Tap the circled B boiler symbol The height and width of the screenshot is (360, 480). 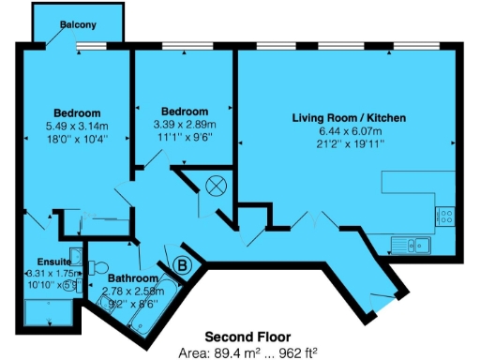(x=183, y=265)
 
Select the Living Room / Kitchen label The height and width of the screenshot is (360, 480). (x=348, y=118)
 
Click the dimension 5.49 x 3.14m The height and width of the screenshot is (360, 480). (x=77, y=126)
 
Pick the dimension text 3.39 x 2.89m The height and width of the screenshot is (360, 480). (x=185, y=124)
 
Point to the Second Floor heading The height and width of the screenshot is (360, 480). (x=247, y=336)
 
